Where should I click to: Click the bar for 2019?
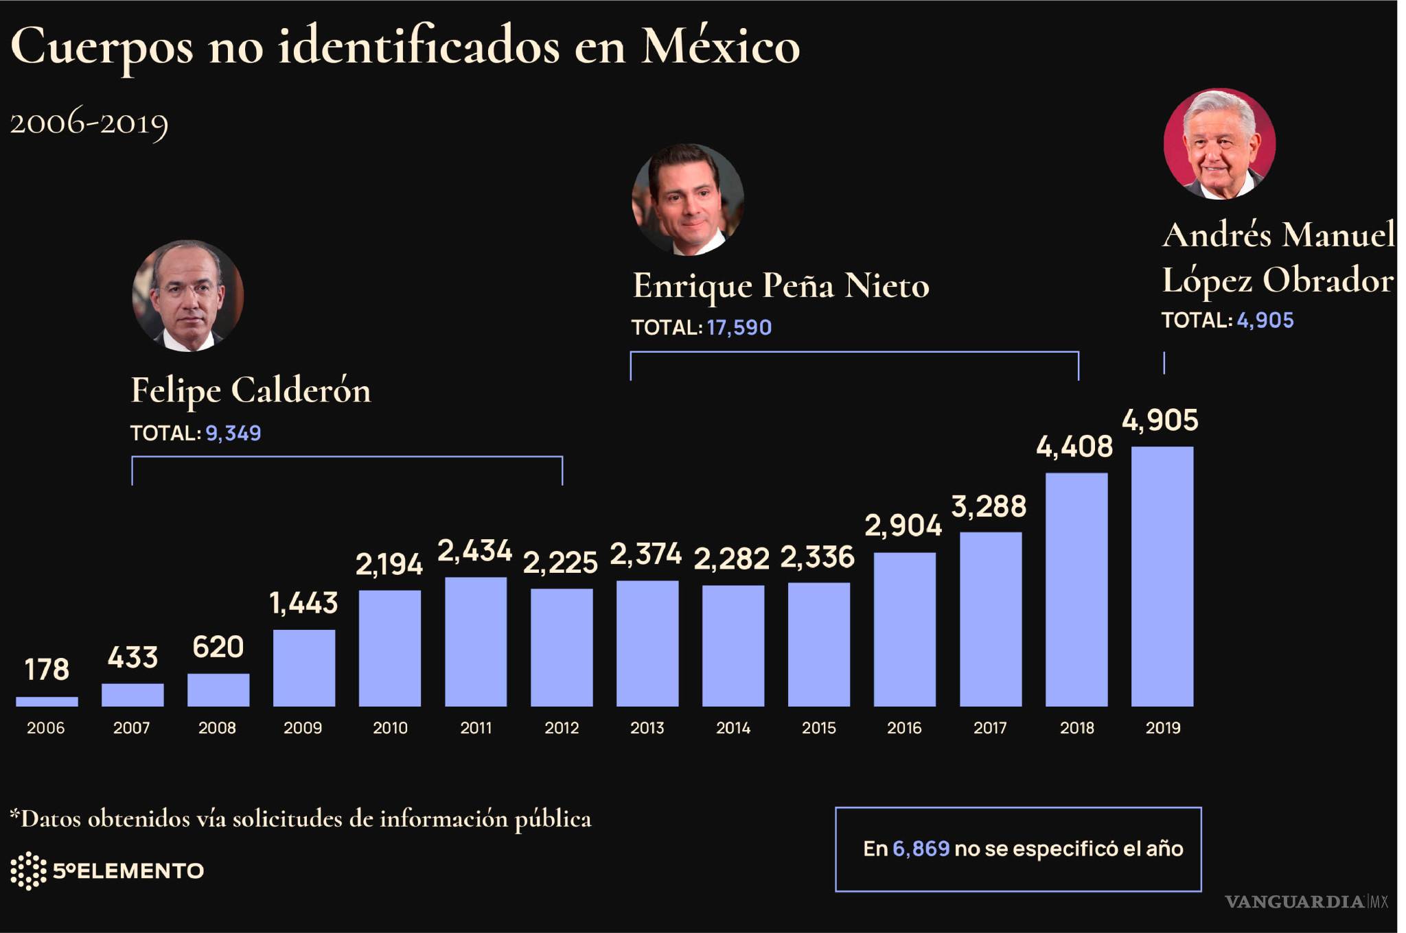pyautogui.click(x=1162, y=576)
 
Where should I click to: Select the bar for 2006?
pyautogui.click(x=47, y=701)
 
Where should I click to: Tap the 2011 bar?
pyautogui.click(x=476, y=641)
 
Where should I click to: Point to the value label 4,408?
pyautogui.click(x=1074, y=447)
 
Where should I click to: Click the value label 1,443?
pyautogui.click(x=303, y=604)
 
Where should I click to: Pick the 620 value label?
pyautogui.click(x=218, y=648)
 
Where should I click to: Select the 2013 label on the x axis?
pyautogui.click(x=647, y=728)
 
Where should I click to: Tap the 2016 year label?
pyautogui.click(x=904, y=728)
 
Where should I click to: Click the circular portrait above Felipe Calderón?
pyautogui.click(x=187, y=296)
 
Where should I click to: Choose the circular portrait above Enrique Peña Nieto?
pyautogui.click(x=687, y=200)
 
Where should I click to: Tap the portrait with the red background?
pyautogui.click(x=1219, y=144)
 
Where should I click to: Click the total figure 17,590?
pyautogui.click(x=739, y=328)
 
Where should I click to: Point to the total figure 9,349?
pyautogui.click(x=233, y=434)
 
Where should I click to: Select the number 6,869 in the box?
pyautogui.click(x=921, y=849)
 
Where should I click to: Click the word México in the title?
pyautogui.click(x=720, y=47)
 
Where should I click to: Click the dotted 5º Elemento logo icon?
pyautogui.click(x=28, y=871)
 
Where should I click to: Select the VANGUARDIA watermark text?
pyautogui.click(x=1294, y=901)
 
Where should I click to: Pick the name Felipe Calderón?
pyautogui.click(x=251, y=391)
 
